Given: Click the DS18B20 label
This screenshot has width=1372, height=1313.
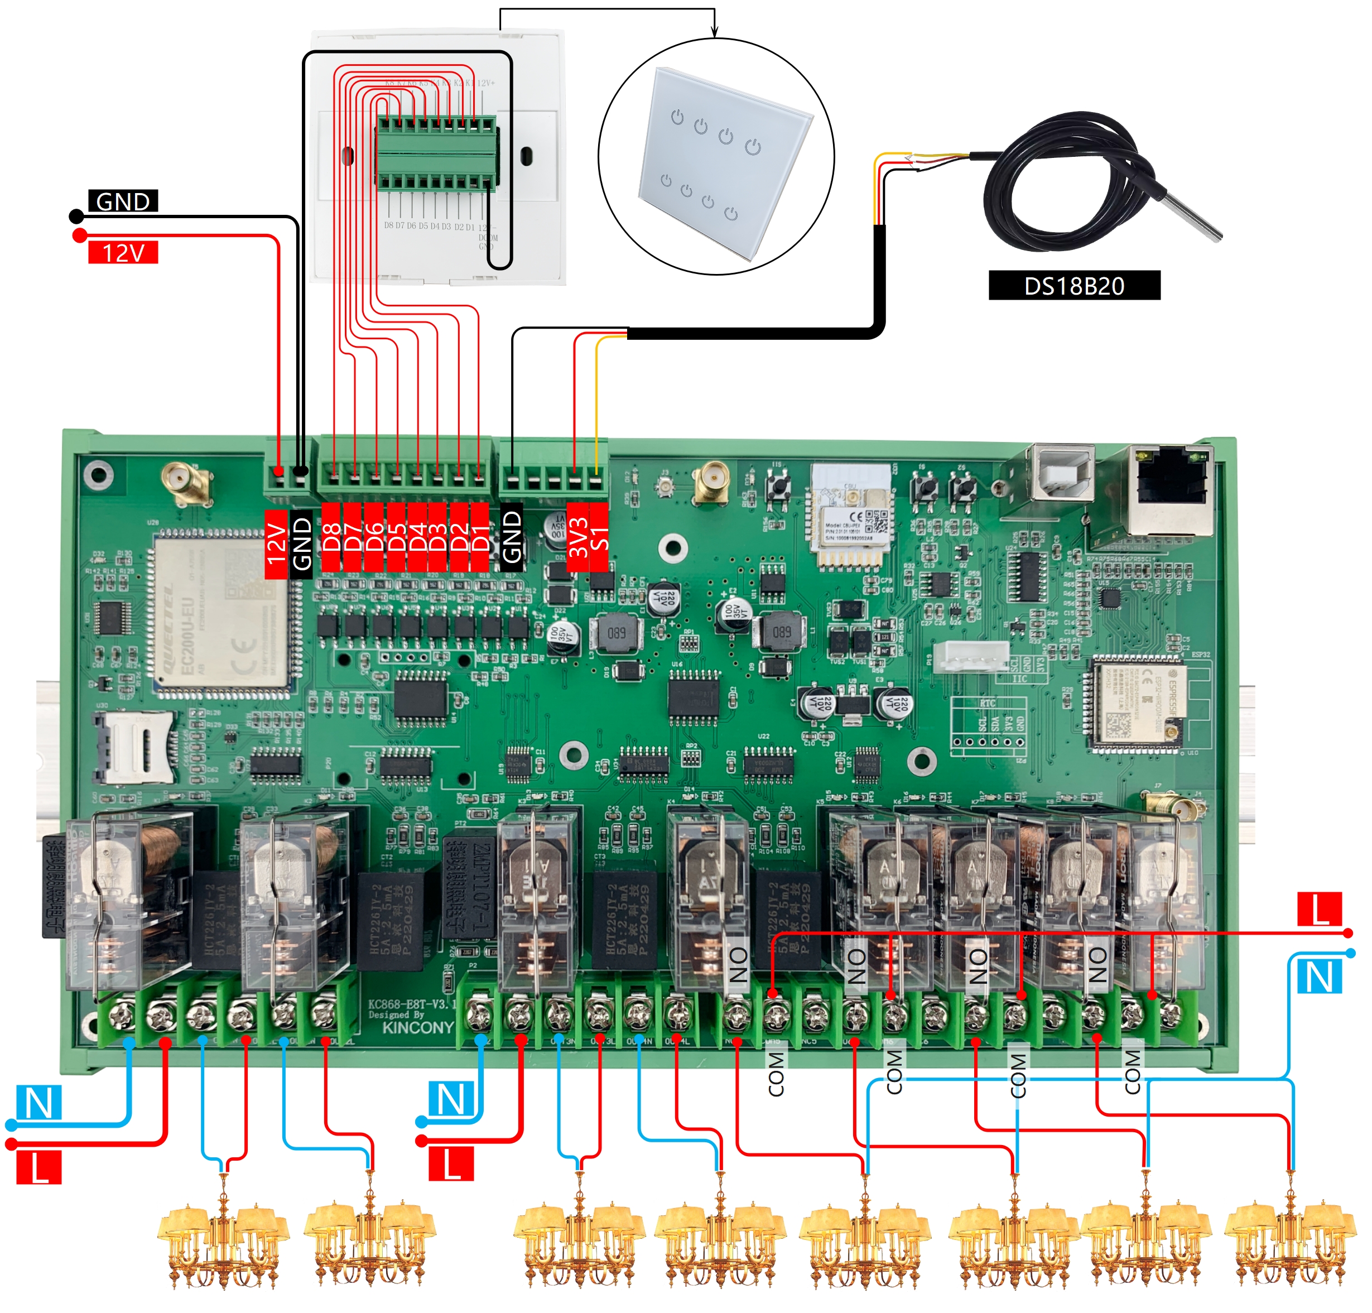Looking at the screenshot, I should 1073,286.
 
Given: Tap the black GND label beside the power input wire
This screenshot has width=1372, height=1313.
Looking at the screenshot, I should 123,201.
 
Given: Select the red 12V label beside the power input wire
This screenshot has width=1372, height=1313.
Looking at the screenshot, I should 123,252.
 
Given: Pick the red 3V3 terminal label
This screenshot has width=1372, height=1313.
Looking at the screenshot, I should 578,537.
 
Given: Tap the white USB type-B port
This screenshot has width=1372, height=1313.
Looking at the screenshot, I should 1060,474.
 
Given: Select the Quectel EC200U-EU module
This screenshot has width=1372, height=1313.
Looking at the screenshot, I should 220,614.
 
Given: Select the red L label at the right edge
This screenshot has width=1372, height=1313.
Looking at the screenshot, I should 1320,909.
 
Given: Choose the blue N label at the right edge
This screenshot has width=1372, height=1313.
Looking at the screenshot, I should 1320,977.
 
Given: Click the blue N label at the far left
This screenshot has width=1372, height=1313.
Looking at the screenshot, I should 39,1103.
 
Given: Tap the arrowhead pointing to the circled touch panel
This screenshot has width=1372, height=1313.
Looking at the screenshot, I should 714,31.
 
